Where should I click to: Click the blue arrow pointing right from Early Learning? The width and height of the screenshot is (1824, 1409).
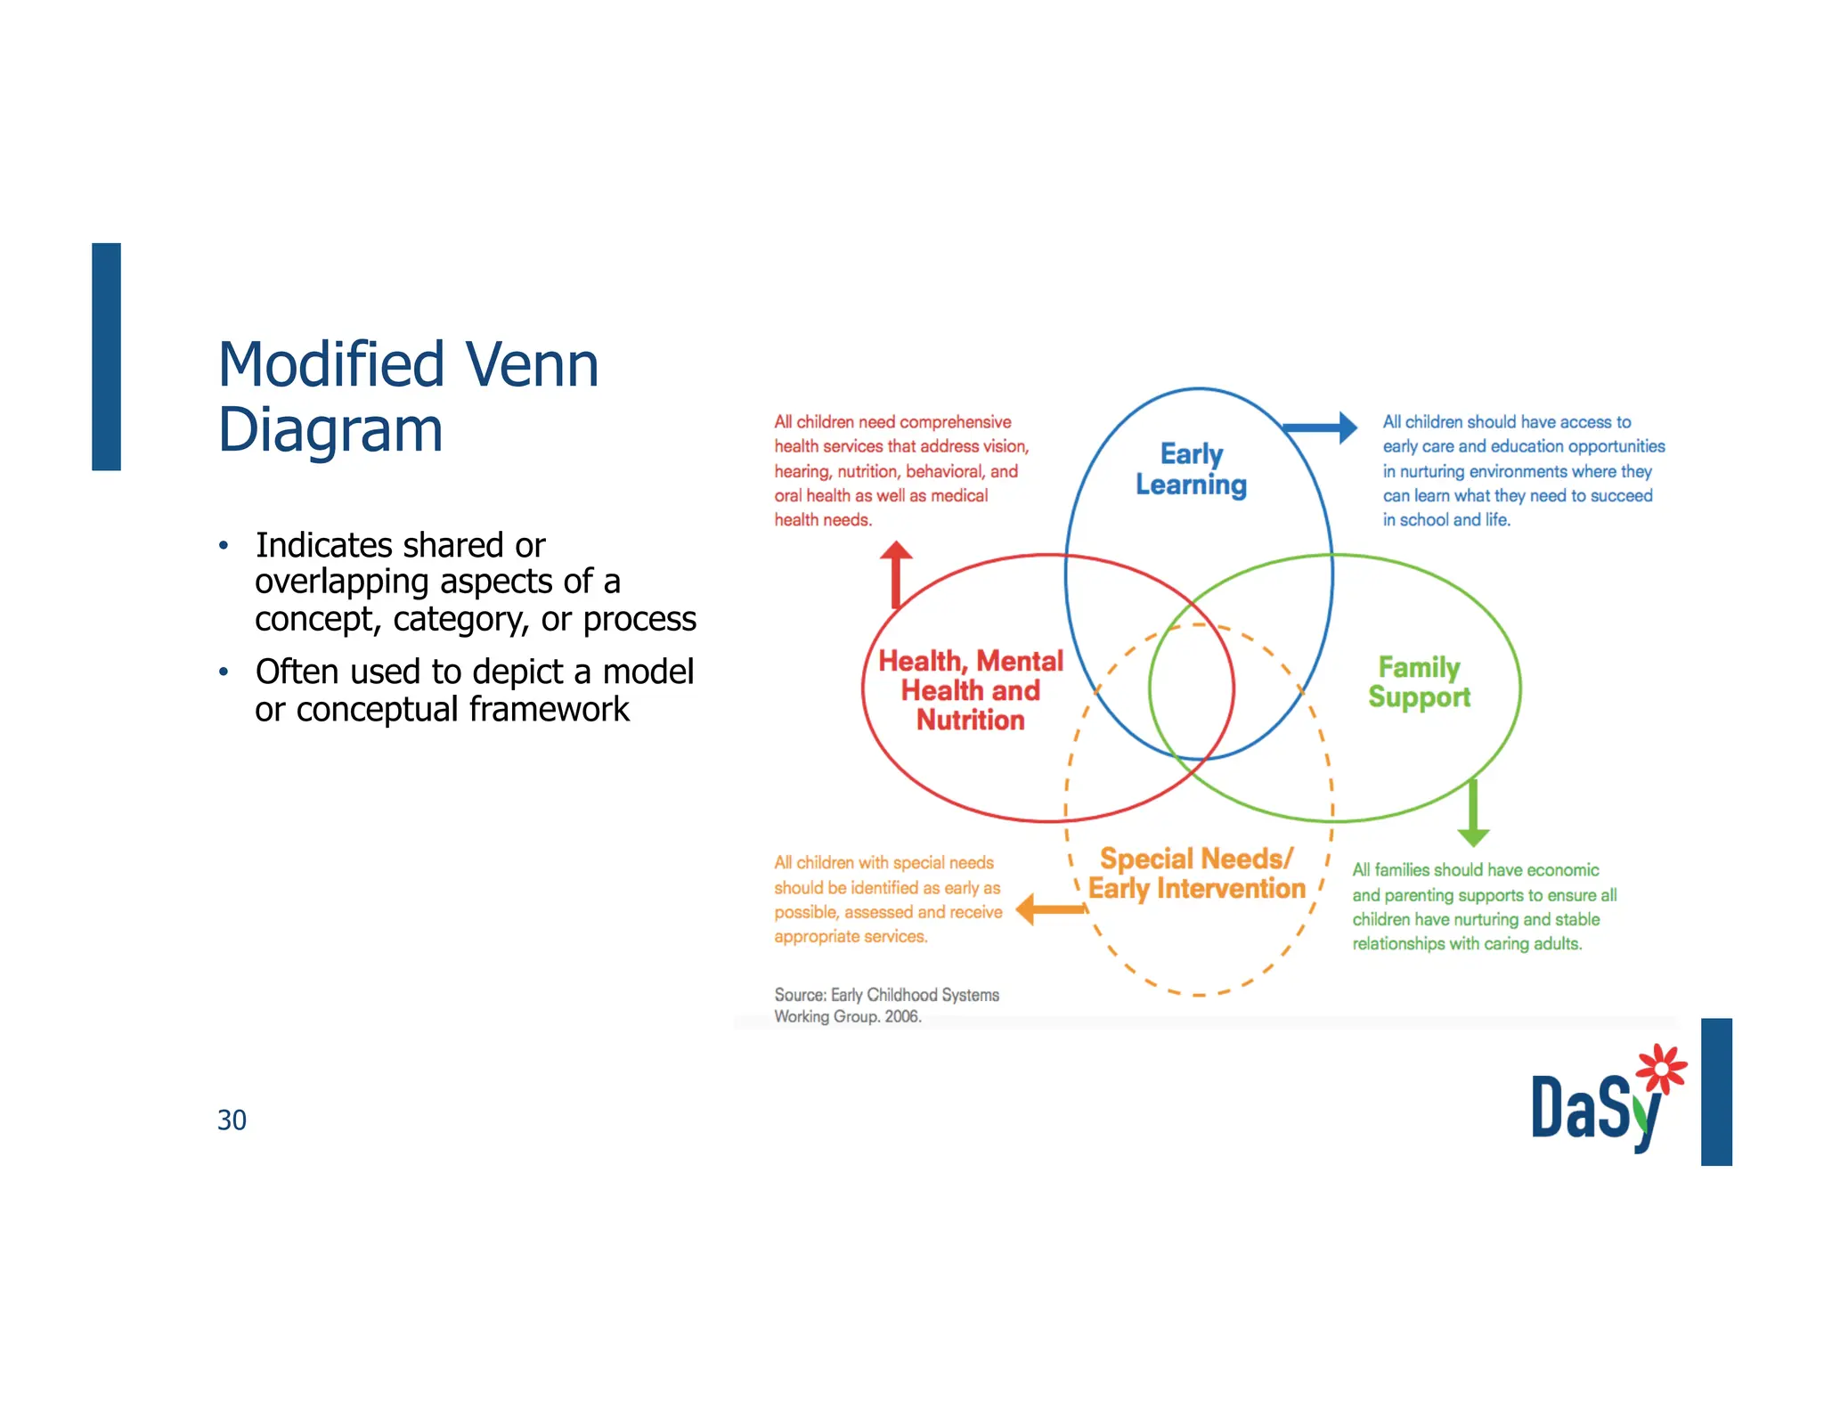[1323, 428]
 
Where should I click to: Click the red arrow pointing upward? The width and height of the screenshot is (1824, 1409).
[896, 572]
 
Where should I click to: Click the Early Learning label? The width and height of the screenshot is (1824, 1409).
[1191, 469]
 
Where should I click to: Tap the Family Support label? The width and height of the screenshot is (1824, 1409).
[1419, 682]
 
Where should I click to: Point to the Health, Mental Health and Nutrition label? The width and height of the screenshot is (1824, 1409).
[970, 690]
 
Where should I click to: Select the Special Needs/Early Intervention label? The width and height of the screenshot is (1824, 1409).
[1196, 874]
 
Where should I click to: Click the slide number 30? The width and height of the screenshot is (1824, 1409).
[232, 1120]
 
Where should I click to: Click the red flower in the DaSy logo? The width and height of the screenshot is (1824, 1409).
[1660, 1068]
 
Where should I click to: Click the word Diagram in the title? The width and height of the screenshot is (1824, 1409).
[330, 430]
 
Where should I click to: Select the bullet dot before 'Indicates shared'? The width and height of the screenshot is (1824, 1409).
[224, 545]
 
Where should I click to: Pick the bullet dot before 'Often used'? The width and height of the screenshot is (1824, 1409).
[224, 672]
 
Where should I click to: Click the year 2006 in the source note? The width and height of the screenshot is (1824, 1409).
[901, 1017]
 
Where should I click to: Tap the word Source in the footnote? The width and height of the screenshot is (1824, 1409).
[799, 995]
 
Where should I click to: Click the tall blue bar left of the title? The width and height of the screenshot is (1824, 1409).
[106, 356]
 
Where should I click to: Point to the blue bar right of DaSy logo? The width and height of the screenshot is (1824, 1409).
[1715, 1091]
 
